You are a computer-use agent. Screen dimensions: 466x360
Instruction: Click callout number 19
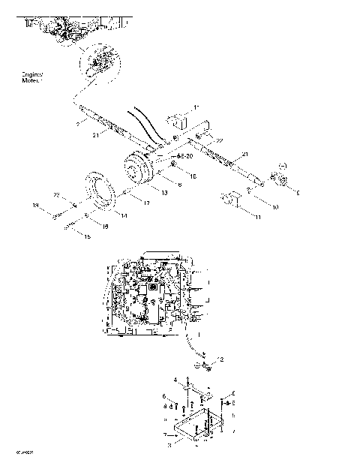pyautogui.click(x=34, y=205)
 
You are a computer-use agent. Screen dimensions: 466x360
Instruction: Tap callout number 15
pyautogui.click(x=88, y=237)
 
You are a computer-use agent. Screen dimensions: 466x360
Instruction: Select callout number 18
pyautogui.click(x=105, y=225)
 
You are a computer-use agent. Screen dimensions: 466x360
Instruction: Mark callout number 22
pyautogui.click(x=56, y=195)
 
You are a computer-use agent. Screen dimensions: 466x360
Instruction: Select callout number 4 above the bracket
pyautogui.click(x=175, y=380)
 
